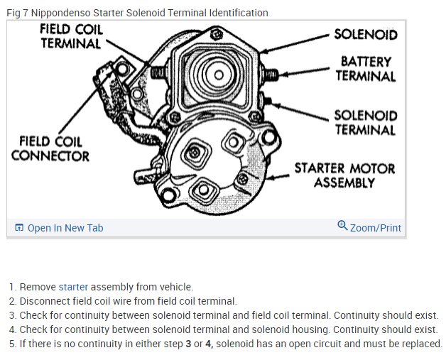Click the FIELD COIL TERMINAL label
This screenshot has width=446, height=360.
[x=71, y=36]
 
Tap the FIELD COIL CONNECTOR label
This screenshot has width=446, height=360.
[x=50, y=148]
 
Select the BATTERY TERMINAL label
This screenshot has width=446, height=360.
[x=366, y=69]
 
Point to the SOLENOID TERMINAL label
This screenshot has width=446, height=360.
[x=365, y=122]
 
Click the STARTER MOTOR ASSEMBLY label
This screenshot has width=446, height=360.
[x=344, y=175]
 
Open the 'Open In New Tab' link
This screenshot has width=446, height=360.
[x=65, y=228]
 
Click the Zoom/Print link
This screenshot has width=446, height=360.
[x=375, y=228]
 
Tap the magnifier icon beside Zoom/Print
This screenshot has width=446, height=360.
[x=342, y=227]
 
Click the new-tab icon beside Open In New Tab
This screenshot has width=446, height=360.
[x=19, y=228]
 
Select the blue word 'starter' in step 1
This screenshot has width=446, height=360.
[x=73, y=287]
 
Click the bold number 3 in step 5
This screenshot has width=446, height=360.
[x=187, y=344]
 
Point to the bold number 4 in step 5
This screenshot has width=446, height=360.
[x=208, y=344]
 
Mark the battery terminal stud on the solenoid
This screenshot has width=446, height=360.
[x=271, y=73]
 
